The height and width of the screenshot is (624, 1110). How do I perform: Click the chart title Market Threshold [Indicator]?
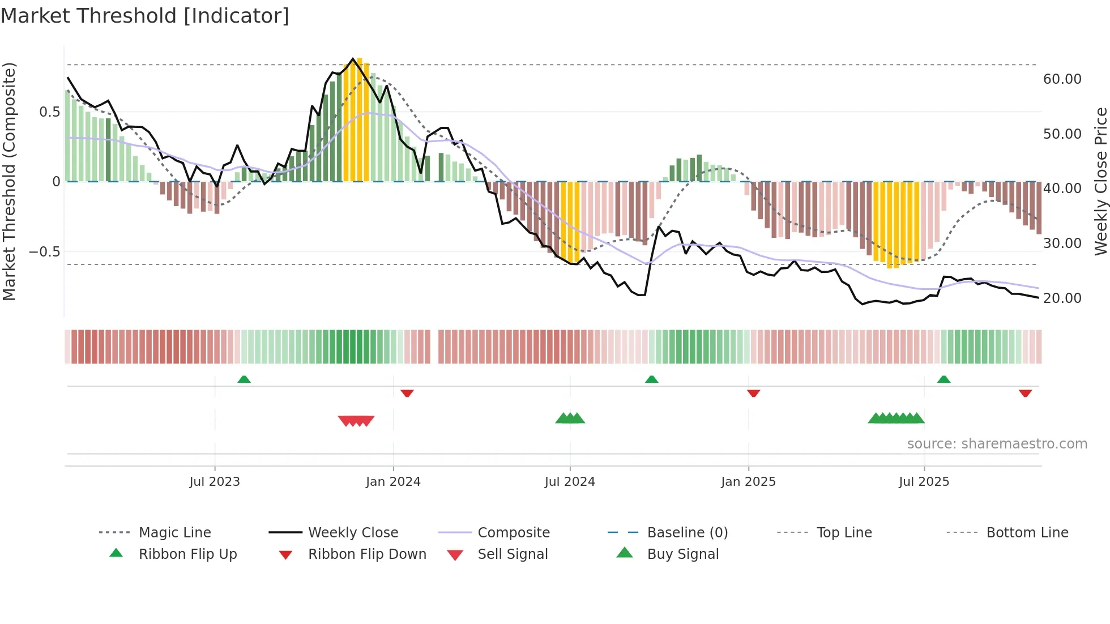point(145,16)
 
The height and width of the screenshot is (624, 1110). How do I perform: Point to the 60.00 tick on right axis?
point(1062,79)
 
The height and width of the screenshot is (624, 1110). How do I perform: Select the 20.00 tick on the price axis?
point(1062,298)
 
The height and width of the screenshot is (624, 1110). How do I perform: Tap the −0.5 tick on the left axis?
point(44,251)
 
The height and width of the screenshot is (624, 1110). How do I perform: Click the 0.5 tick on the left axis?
point(49,112)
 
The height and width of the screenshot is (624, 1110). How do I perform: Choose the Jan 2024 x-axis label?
point(393,482)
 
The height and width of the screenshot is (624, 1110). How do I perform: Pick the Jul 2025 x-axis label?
point(924,482)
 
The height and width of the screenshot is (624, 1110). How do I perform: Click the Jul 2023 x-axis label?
point(215,482)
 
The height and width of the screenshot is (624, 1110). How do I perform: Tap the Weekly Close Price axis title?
point(1100,181)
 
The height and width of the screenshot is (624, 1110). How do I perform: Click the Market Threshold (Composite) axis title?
point(9,181)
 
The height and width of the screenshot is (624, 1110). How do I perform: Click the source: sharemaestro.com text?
point(997,444)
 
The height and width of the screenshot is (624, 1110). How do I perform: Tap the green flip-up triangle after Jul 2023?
point(244,379)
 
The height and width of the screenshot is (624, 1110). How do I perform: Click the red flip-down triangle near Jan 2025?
point(753,393)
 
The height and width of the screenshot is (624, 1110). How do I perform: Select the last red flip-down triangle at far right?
point(1025,393)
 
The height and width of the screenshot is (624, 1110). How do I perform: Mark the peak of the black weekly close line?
point(353,59)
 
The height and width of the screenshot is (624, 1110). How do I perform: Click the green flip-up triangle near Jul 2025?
point(943,379)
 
